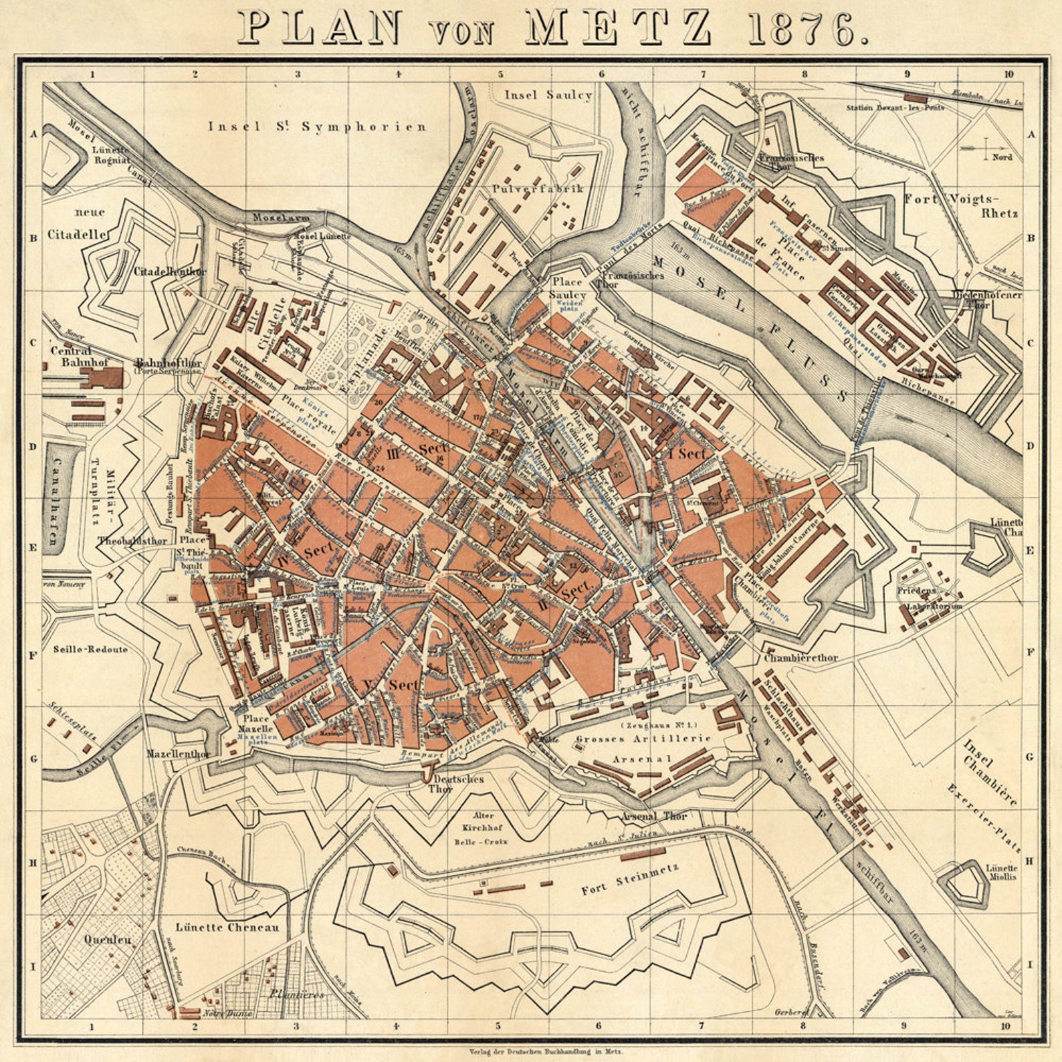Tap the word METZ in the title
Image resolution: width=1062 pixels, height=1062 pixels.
619,28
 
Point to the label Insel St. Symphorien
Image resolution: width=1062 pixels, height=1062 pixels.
317,126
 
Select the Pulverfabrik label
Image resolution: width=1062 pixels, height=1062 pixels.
538,189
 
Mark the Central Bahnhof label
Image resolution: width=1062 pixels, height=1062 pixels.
72,356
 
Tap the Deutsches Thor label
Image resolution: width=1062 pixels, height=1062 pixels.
458,784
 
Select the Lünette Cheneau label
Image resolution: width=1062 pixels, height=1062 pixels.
227,927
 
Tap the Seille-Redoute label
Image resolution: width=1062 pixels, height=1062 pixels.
90,649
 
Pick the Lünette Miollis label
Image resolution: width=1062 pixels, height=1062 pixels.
1001,872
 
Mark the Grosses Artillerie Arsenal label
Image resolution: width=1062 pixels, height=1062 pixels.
643,748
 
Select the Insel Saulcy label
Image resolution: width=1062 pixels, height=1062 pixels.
548,95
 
